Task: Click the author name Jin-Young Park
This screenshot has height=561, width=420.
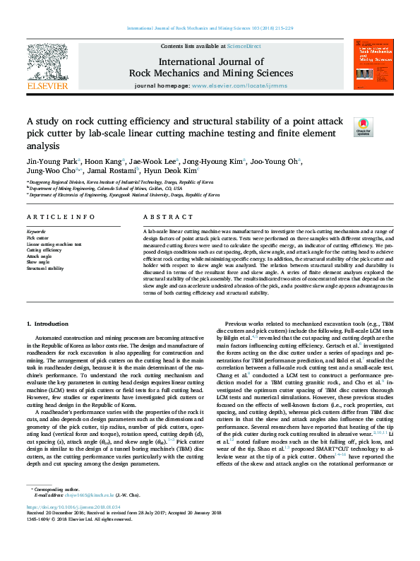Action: tap(52, 160)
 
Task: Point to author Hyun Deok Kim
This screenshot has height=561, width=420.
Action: tap(172, 170)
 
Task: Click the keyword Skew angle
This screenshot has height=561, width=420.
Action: tap(37, 262)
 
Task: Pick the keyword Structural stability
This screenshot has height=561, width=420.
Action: tap(45, 268)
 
